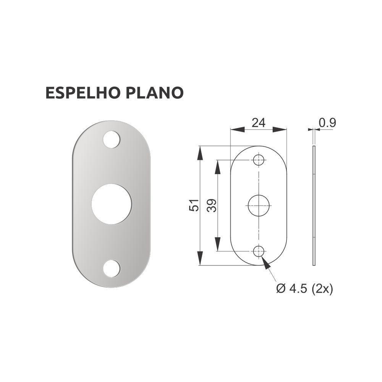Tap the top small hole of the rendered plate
click(x=111, y=139)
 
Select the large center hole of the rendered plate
click(x=111, y=204)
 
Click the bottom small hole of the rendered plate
click(x=111, y=269)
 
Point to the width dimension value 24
click(x=258, y=123)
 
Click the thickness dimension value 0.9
click(x=327, y=123)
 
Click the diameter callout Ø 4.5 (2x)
click(x=304, y=289)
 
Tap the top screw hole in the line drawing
click(x=259, y=160)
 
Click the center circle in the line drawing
click(x=259, y=206)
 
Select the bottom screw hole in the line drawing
click(x=259, y=251)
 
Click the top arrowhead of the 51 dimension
click(x=200, y=152)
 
